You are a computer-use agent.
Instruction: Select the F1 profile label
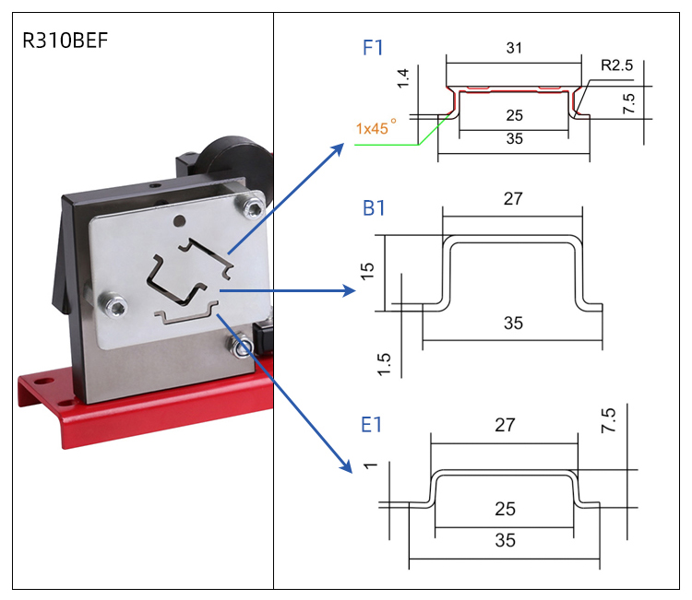[372, 48]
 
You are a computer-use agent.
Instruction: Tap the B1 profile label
[373, 208]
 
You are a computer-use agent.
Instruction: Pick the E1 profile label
[372, 425]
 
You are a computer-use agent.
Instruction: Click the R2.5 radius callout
[616, 65]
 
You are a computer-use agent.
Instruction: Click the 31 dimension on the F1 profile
[514, 48]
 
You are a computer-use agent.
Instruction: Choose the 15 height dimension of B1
[369, 271]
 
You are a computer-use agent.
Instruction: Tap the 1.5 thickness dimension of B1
[384, 364]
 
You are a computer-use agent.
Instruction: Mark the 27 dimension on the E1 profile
[505, 425]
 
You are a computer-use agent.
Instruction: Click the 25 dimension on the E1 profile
[505, 509]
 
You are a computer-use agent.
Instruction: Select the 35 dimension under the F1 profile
[514, 139]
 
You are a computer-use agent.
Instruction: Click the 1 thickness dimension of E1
[373, 466]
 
